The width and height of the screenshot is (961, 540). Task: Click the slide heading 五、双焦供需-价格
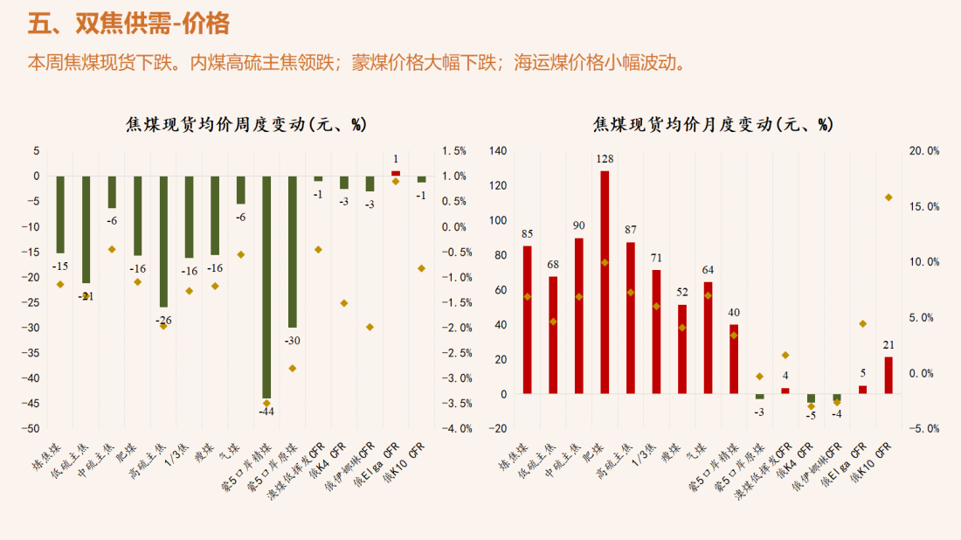tap(128, 24)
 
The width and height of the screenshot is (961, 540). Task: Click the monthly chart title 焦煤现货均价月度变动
tap(712, 124)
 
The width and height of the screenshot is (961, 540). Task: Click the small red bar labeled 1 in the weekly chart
tap(396, 173)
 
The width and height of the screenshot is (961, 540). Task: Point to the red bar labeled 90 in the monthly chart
tap(578, 315)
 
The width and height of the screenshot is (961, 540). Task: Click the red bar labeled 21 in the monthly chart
tap(888, 375)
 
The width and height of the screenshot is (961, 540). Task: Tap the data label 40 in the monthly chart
tap(734, 313)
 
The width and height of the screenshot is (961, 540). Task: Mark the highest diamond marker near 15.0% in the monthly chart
tap(888, 197)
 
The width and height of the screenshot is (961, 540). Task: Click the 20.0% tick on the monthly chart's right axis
tap(923, 151)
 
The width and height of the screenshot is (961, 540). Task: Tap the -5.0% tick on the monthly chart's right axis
tap(923, 429)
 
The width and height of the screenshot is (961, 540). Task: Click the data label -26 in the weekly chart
tap(163, 320)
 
